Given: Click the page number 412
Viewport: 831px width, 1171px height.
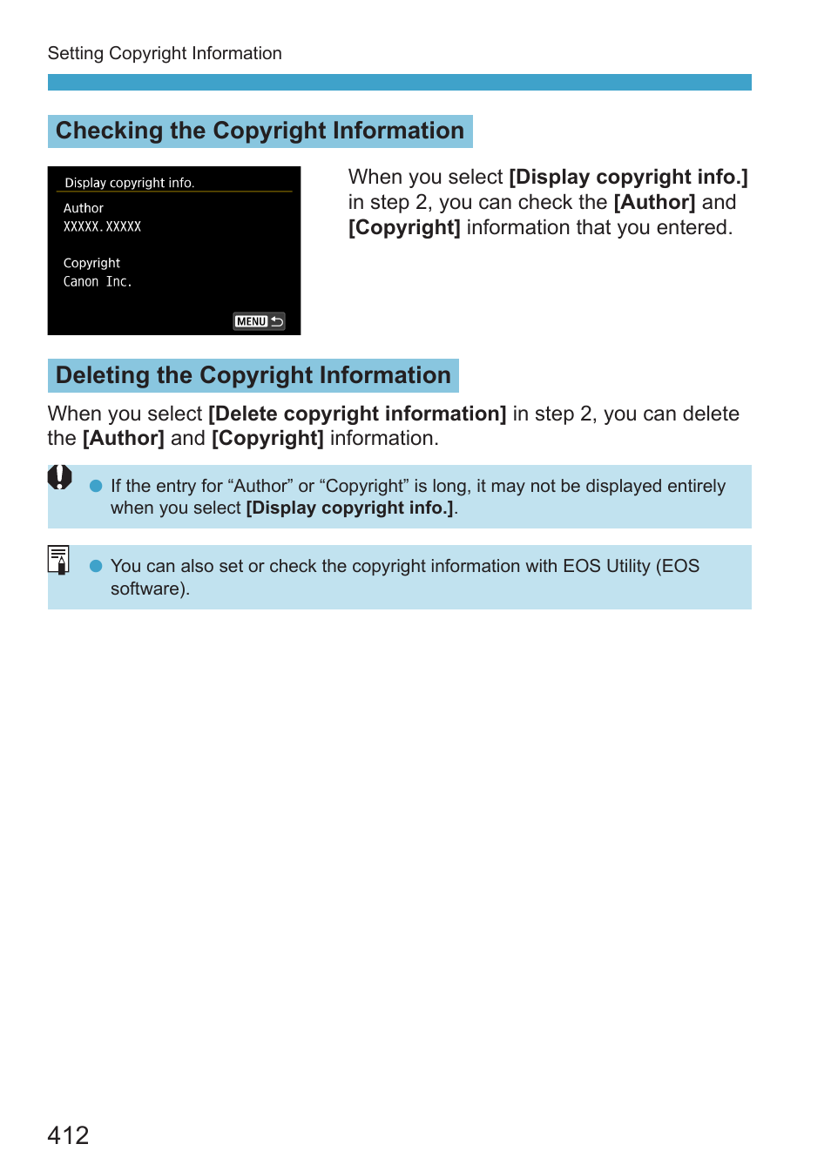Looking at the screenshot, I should click(x=68, y=1135).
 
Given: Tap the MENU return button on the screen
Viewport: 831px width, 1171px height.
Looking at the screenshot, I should click(x=259, y=321).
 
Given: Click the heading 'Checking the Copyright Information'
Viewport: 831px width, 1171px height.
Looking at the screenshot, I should click(x=260, y=131).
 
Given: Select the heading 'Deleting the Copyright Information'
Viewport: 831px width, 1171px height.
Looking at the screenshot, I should click(x=253, y=375).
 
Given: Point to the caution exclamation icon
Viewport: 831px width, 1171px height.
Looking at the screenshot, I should click(x=59, y=477).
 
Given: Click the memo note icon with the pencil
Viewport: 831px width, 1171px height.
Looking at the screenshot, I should click(x=58, y=559).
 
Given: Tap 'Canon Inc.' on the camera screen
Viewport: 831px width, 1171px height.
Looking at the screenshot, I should click(x=98, y=282).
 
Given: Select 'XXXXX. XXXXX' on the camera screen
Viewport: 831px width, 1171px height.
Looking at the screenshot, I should click(x=102, y=226).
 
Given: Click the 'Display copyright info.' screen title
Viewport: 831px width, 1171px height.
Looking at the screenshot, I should click(x=129, y=183).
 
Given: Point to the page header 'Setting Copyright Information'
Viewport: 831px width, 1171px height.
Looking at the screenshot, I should click(x=165, y=53).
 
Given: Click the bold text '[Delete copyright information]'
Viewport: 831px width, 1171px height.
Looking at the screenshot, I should click(x=357, y=414).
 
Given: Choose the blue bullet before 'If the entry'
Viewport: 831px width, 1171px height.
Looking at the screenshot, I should click(x=96, y=486).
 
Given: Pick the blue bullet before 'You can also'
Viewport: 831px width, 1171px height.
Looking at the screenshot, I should click(x=96, y=566).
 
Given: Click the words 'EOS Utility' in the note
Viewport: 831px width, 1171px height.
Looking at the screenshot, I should click(x=606, y=566).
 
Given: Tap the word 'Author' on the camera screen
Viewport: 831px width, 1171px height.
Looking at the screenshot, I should click(x=84, y=208).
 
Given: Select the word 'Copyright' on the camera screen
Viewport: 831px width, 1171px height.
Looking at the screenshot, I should click(x=91, y=263).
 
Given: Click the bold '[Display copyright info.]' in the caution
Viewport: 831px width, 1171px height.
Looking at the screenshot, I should click(x=349, y=508).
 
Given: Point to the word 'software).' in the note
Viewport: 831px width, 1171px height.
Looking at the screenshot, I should click(x=150, y=589).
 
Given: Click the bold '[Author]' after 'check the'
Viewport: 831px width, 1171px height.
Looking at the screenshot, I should click(x=654, y=202).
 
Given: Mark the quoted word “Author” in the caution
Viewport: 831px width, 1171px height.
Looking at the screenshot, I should click(x=260, y=486).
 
